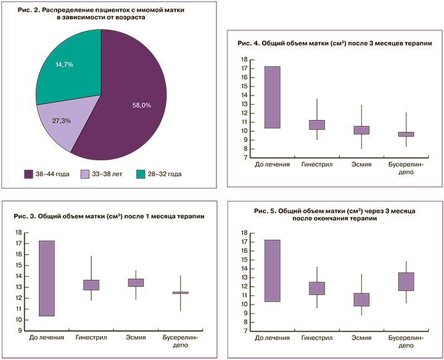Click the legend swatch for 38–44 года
(29, 174)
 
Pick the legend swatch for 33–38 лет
(86, 174)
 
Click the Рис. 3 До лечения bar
(47, 278)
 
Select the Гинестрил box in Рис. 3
(91, 285)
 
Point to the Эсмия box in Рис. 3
(136, 282)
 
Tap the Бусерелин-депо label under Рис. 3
(180, 343)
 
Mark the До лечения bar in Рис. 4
(272, 97)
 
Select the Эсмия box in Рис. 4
(361, 130)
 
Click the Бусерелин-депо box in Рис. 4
(406, 134)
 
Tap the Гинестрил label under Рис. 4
(316, 165)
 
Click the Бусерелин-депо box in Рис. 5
(406, 281)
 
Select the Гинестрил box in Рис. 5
(316, 288)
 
